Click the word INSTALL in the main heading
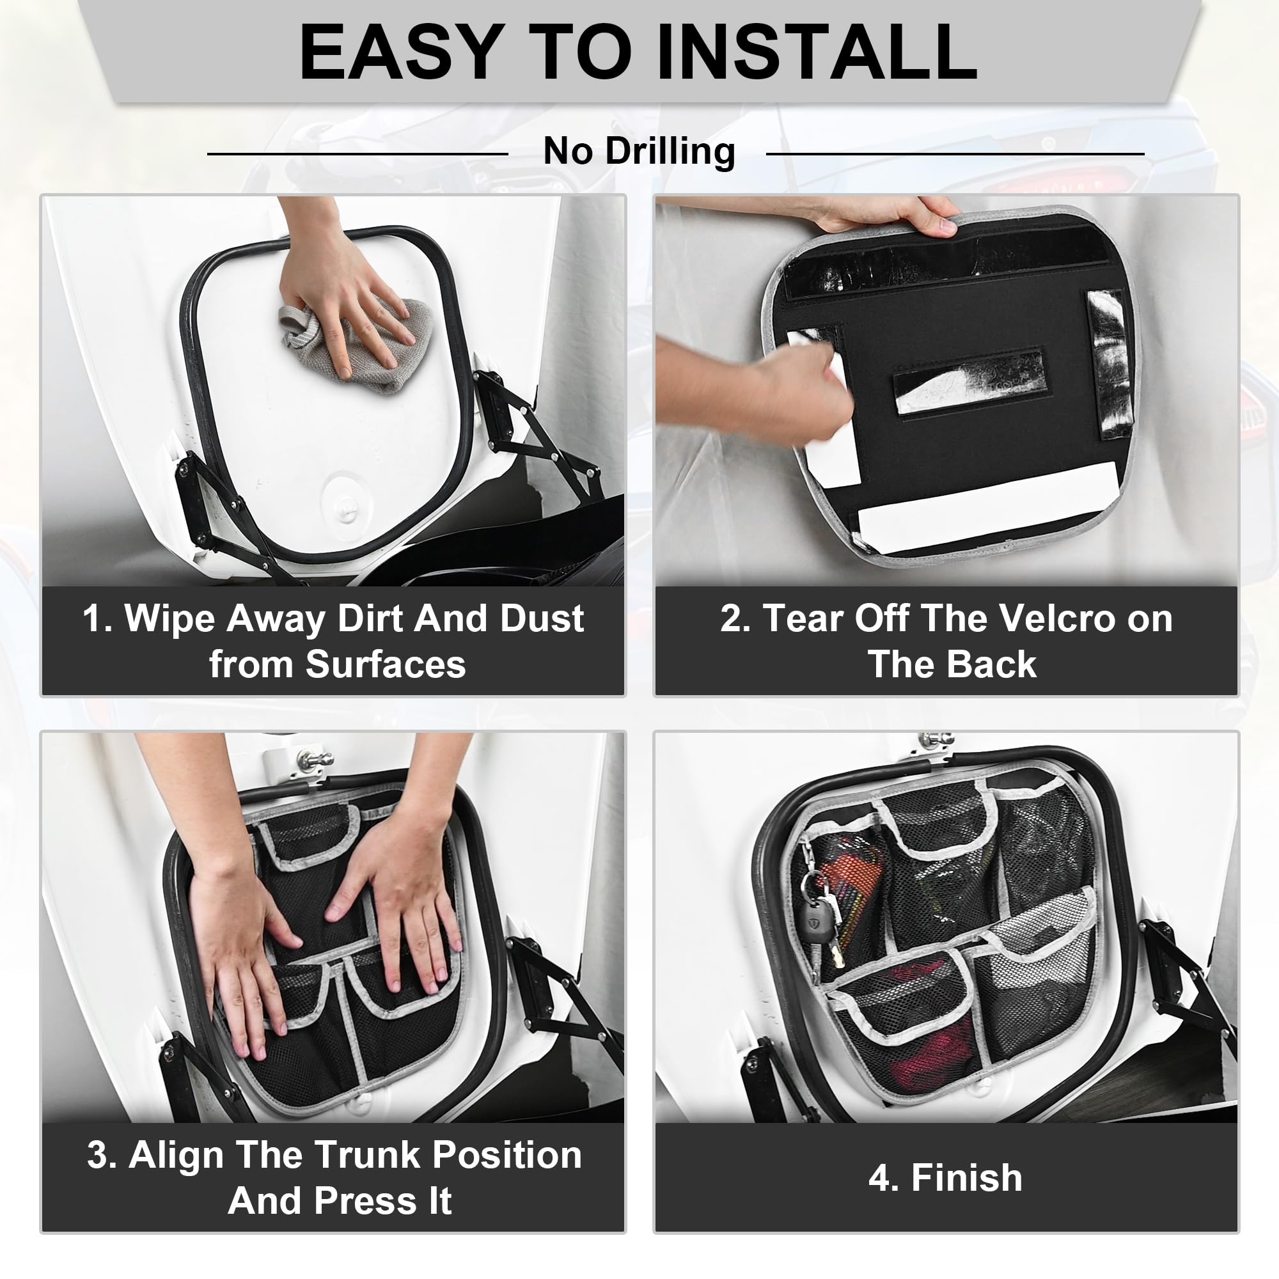pos(817,52)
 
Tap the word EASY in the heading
pos(399,52)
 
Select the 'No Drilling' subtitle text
pos(639,152)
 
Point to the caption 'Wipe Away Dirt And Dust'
pos(354,618)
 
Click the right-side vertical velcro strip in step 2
pos(1110,365)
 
